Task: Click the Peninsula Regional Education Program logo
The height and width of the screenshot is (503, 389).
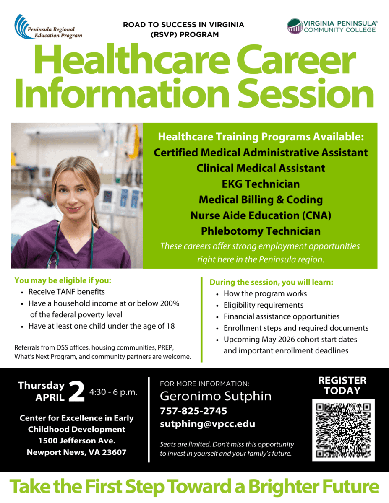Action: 48,27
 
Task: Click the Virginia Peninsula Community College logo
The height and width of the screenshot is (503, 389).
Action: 332,26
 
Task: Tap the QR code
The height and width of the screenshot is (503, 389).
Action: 343,430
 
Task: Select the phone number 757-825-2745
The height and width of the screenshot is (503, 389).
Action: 193,411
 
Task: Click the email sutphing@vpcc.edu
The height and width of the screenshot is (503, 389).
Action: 207,424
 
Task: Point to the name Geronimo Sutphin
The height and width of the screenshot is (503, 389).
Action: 216,396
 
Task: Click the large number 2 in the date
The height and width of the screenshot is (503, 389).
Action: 77,392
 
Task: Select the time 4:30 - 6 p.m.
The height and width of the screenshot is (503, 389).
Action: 113,393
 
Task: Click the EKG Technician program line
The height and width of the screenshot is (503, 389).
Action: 261,184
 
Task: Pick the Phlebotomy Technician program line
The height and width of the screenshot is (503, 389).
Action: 261,231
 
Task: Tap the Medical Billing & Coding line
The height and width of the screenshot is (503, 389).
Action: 261,200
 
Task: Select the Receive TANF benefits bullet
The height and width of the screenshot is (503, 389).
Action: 67,292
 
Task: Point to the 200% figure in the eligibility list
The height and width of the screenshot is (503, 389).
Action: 170,303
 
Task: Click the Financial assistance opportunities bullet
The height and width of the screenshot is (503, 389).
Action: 282,316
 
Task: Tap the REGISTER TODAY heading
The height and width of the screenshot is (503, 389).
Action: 342,386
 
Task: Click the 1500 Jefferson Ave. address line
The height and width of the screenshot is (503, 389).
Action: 76,441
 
